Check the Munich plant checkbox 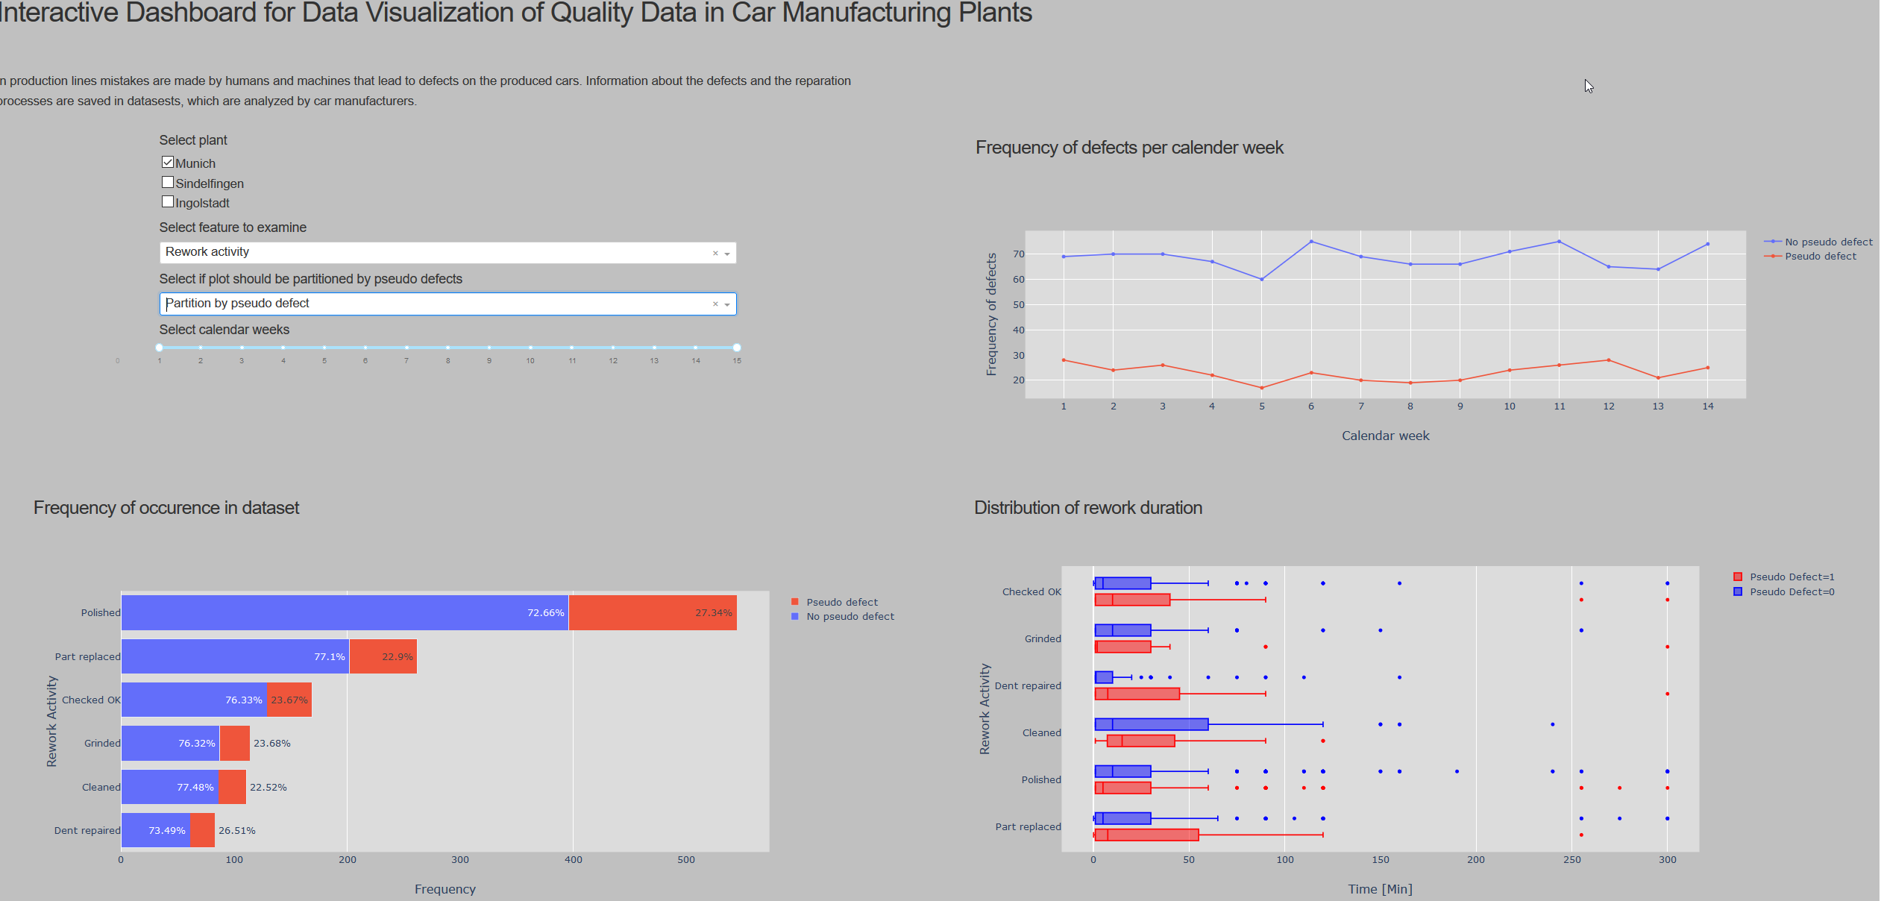(168, 163)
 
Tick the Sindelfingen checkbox (168, 183)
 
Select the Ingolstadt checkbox (168, 202)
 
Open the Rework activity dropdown (448, 253)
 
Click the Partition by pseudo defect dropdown (448, 304)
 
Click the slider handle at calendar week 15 (736, 348)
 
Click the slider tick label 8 (448, 361)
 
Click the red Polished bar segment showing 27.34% (653, 612)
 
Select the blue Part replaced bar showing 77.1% (235, 656)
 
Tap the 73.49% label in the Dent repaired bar (167, 830)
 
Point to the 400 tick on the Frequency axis (573, 860)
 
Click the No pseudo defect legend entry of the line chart (1827, 242)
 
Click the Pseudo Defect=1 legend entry (1791, 577)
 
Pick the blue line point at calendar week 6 (1311, 242)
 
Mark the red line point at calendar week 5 (1262, 388)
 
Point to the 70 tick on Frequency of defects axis (1018, 254)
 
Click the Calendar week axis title (1385, 436)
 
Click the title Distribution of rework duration (1087, 508)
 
